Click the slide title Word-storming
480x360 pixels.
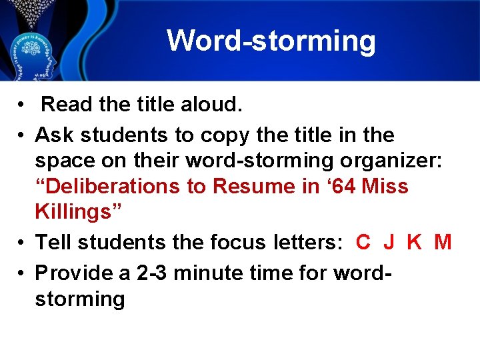(x=271, y=41)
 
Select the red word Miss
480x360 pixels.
(x=385, y=186)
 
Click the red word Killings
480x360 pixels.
(x=76, y=212)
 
